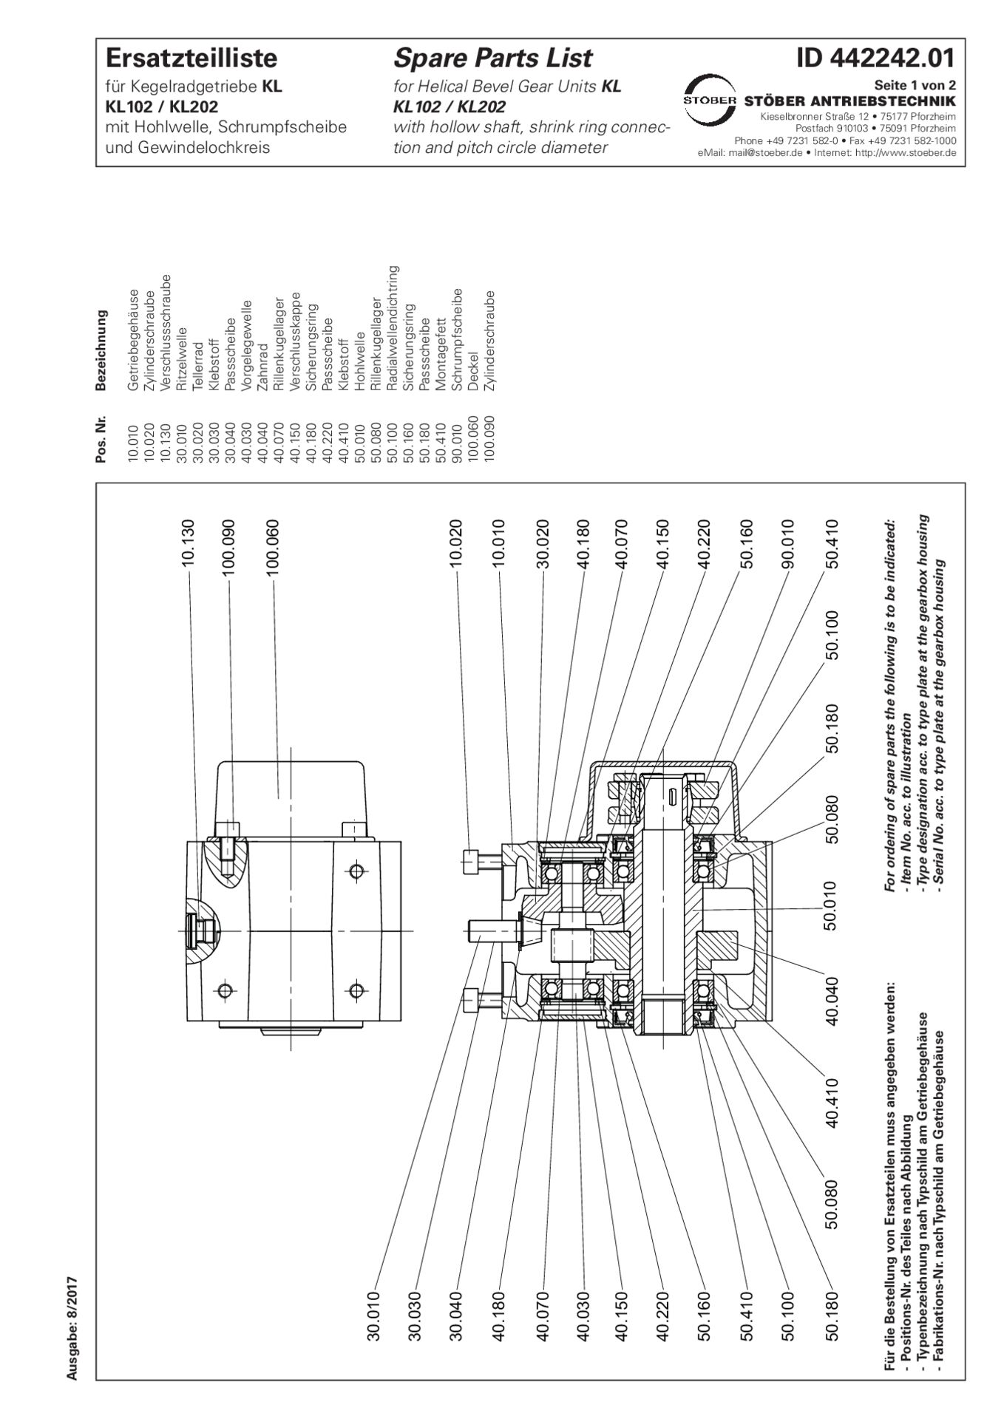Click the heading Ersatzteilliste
[191, 58]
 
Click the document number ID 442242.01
[875, 58]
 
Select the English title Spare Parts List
[492, 58]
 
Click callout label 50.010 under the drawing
[831, 905]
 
